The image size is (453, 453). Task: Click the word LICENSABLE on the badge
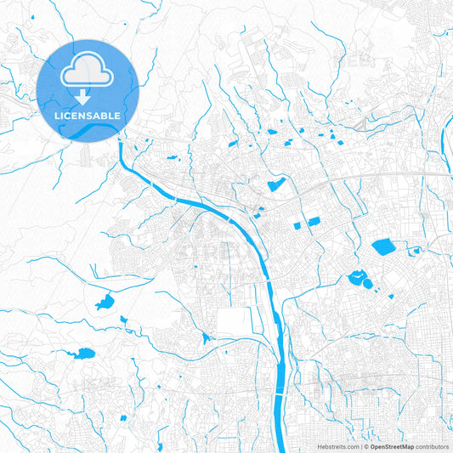click(86, 114)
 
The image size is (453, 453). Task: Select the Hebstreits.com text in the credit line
click(339, 445)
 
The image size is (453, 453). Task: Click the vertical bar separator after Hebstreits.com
click(360, 445)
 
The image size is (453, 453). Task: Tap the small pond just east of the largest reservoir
click(415, 251)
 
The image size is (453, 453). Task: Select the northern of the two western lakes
click(105, 303)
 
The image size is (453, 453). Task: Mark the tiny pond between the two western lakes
click(123, 320)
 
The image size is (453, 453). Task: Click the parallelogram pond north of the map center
click(276, 184)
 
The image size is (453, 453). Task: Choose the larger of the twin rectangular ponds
click(313, 221)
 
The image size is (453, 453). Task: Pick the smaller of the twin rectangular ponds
click(297, 226)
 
